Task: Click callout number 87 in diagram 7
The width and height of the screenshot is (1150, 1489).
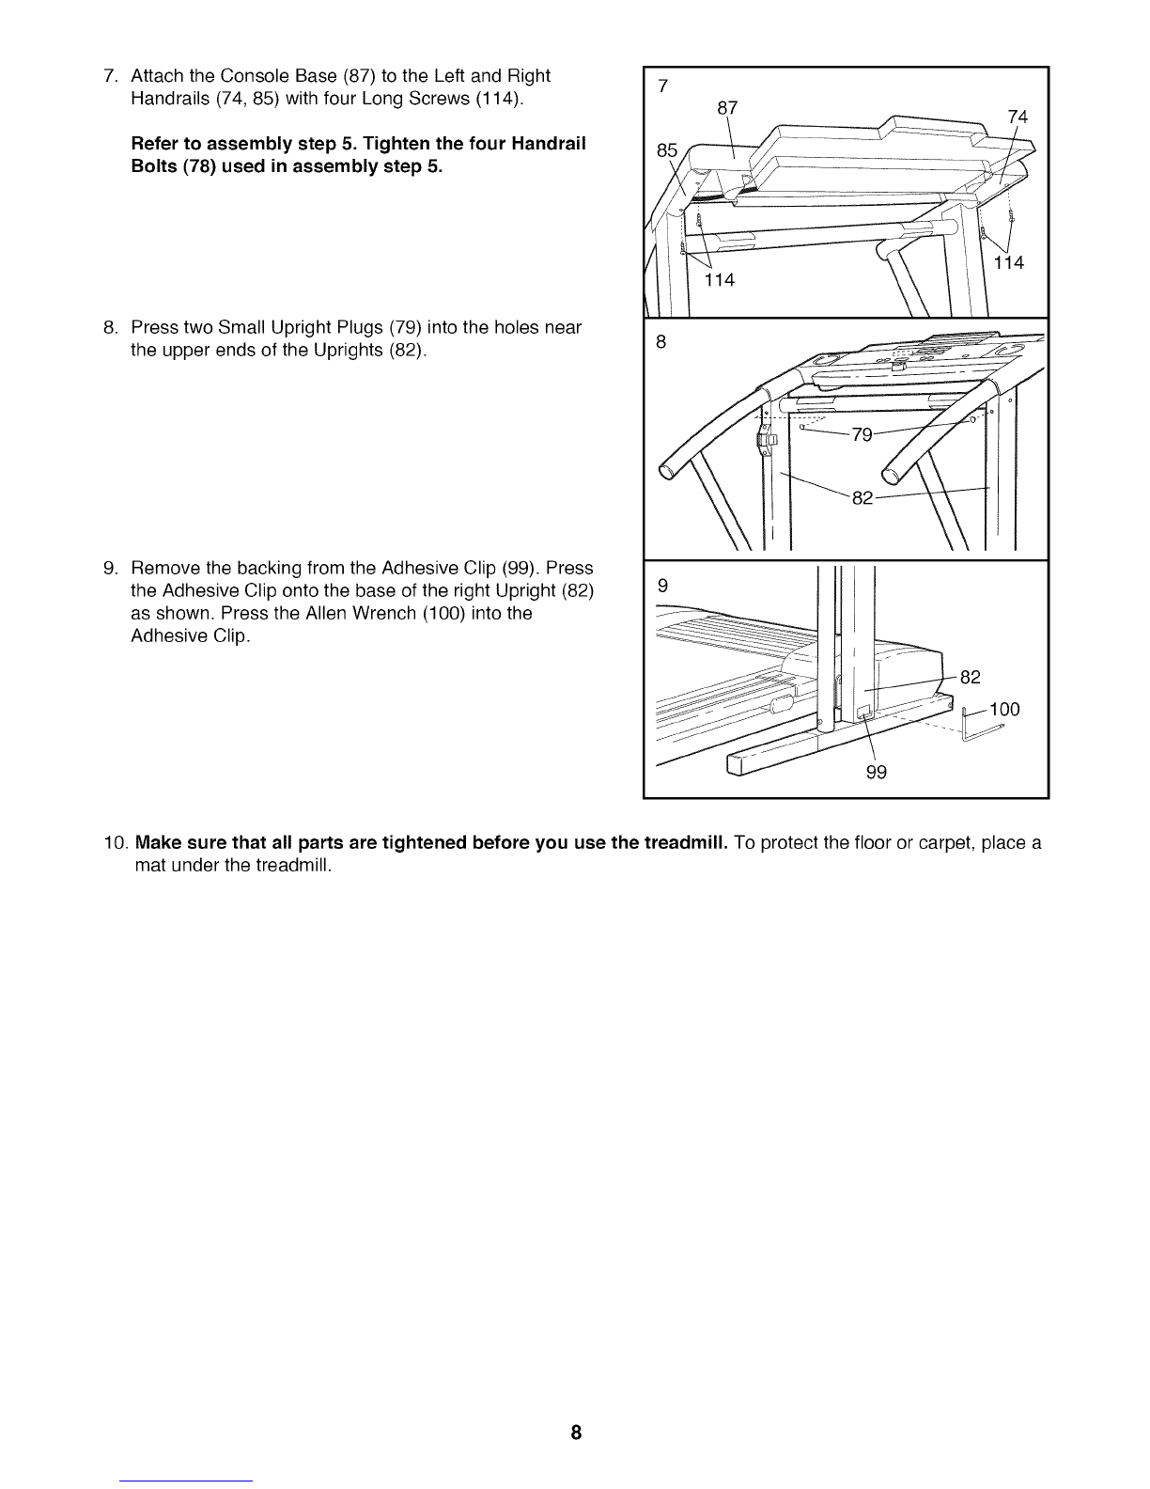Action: [726, 108]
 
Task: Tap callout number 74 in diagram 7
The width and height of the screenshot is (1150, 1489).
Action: [1018, 118]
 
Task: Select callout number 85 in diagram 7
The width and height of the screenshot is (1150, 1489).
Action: [667, 150]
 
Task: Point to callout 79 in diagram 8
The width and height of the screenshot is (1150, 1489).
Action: [862, 435]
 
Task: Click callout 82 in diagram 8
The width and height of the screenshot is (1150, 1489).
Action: [862, 498]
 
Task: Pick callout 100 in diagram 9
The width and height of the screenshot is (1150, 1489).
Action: [1004, 709]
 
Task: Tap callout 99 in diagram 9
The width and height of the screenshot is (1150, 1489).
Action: [876, 773]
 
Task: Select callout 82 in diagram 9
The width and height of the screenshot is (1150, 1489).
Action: [971, 678]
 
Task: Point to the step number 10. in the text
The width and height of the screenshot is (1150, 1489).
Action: [117, 843]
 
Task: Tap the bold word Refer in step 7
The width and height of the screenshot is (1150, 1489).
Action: [156, 144]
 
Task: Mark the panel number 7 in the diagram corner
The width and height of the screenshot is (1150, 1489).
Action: [662, 86]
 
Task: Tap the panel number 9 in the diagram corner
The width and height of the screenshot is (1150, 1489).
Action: [662, 586]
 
